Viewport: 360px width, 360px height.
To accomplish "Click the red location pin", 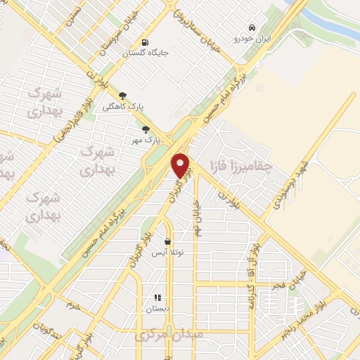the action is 181,165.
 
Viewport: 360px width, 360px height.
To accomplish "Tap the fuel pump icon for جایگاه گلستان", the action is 145,41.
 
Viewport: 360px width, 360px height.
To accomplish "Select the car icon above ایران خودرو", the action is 243,28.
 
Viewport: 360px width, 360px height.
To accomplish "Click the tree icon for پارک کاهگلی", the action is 123,96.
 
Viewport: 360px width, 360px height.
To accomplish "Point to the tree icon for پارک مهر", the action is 146,129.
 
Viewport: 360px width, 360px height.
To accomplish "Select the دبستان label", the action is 158,309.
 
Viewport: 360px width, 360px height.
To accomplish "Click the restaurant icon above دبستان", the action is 158,297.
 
